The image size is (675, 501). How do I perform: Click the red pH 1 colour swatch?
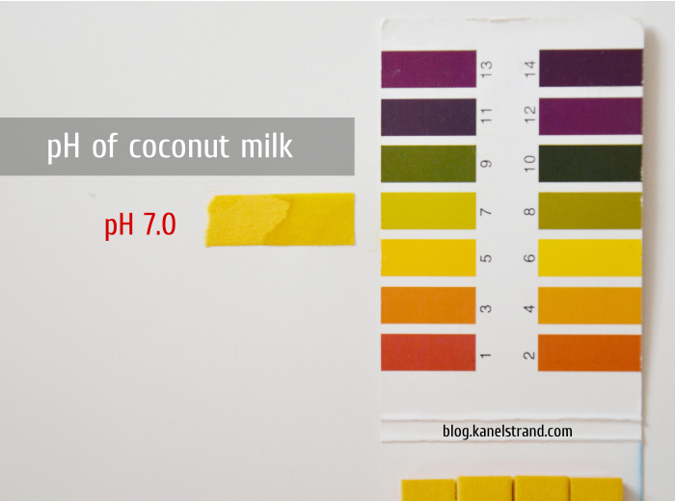click(428, 353)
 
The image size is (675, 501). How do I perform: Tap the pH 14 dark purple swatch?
click(590, 68)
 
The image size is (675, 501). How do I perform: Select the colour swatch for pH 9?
click(428, 164)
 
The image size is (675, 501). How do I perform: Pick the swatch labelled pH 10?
click(590, 164)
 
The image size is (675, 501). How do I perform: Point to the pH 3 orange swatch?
click(428, 305)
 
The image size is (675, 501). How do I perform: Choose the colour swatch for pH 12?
click(590, 117)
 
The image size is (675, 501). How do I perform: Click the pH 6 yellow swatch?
click(590, 258)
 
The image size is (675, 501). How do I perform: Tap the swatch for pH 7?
click(428, 211)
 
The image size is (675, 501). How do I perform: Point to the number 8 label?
click(530, 211)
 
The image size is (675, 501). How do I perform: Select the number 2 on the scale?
click(529, 356)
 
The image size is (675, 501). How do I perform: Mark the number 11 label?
click(486, 116)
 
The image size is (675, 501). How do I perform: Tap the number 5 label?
click(486, 258)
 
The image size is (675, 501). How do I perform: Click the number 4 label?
click(529, 308)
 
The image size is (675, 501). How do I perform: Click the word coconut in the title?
click(179, 146)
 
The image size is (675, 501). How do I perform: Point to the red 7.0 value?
click(160, 224)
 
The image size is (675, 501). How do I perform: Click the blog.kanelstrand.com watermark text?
click(507, 431)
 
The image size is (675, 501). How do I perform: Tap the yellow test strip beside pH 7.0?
click(281, 220)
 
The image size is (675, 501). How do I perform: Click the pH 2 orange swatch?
click(589, 353)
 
